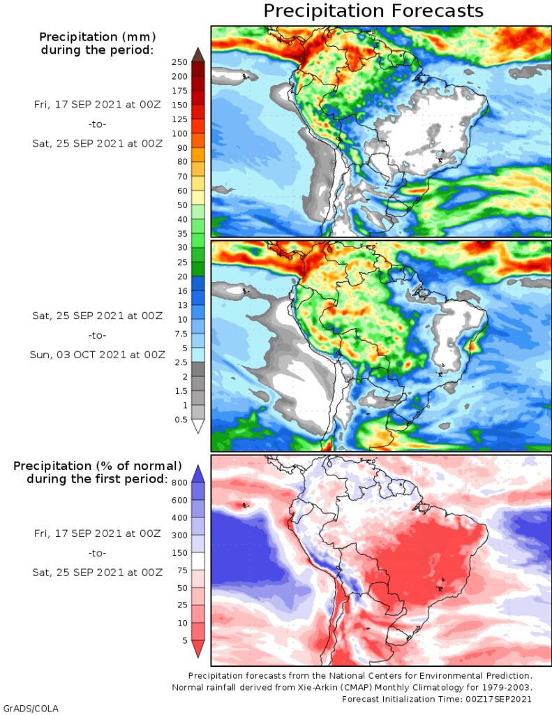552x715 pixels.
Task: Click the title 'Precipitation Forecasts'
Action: pyautogui.click(x=373, y=11)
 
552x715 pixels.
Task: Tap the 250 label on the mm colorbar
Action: pyautogui.click(x=179, y=62)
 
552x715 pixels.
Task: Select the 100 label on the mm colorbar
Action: pyautogui.click(x=179, y=133)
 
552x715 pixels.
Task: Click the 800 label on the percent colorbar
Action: pyautogui.click(x=179, y=482)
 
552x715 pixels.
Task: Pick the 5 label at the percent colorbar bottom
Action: pyautogui.click(x=184, y=640)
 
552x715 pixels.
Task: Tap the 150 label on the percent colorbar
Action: pyautogui.click(x=179, y=552)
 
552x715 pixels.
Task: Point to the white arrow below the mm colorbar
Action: pyautogui.click(x=197, y=426)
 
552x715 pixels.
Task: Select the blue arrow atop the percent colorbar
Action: pyautogui.click(x=197, y=473)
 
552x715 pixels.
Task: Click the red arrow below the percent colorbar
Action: pyautogui.click(x=197, y=649)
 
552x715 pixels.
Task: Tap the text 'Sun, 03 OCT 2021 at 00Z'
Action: pyautogui.click(x=98, y=354)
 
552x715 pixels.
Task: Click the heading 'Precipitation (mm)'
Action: pyautogui.click(x=97, y=36)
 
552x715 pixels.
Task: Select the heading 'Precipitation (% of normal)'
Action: pyautogui.click(x=98, y=466)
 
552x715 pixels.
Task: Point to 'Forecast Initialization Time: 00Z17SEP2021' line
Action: pyautogui.click(x=437, y=699)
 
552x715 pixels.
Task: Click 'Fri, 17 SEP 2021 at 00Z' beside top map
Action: pyautogui.click(x=98, y=104)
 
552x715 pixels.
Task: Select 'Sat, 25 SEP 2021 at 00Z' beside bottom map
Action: pyautogui.click(x=98, y=573)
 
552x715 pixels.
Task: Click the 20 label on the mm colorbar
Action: pyautogui.click(x=181, y=277)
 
